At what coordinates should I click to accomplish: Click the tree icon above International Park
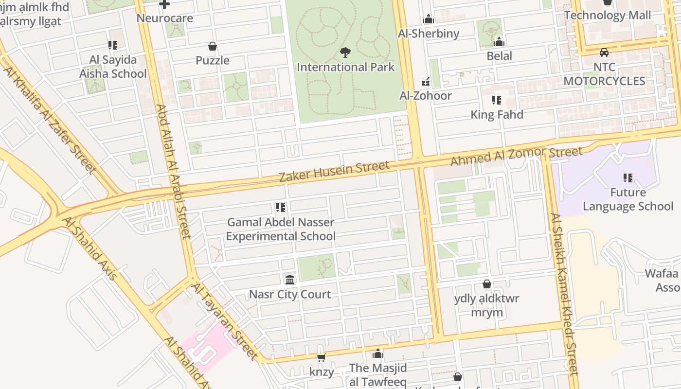tap(345, 52)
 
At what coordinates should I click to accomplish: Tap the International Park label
tap(345, 67)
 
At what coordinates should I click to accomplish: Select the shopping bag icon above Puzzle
tap(213, 46)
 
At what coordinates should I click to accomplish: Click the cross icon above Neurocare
tap(164, 4)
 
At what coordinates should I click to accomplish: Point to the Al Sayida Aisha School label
tap(113, 67)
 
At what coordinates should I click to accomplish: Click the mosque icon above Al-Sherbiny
tap(429, 19)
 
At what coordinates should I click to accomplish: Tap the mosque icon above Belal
tap(499, 42)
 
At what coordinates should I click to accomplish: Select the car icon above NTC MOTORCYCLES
tap(604, 53)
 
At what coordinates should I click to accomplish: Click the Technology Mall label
tap(607, 15)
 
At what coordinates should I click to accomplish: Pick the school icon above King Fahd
tap(497, 100)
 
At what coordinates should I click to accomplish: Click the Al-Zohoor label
tap(426, 95)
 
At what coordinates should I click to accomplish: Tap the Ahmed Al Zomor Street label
tap(516, 156)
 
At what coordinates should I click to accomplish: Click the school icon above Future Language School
tap(628, 178)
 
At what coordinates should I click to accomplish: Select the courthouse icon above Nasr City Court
tap(290, 280)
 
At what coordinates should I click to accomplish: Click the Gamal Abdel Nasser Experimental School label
tap(281, 229)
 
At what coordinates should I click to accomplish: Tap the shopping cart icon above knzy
tap(321, 358)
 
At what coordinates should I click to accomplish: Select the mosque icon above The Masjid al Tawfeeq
tap(378, 354)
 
